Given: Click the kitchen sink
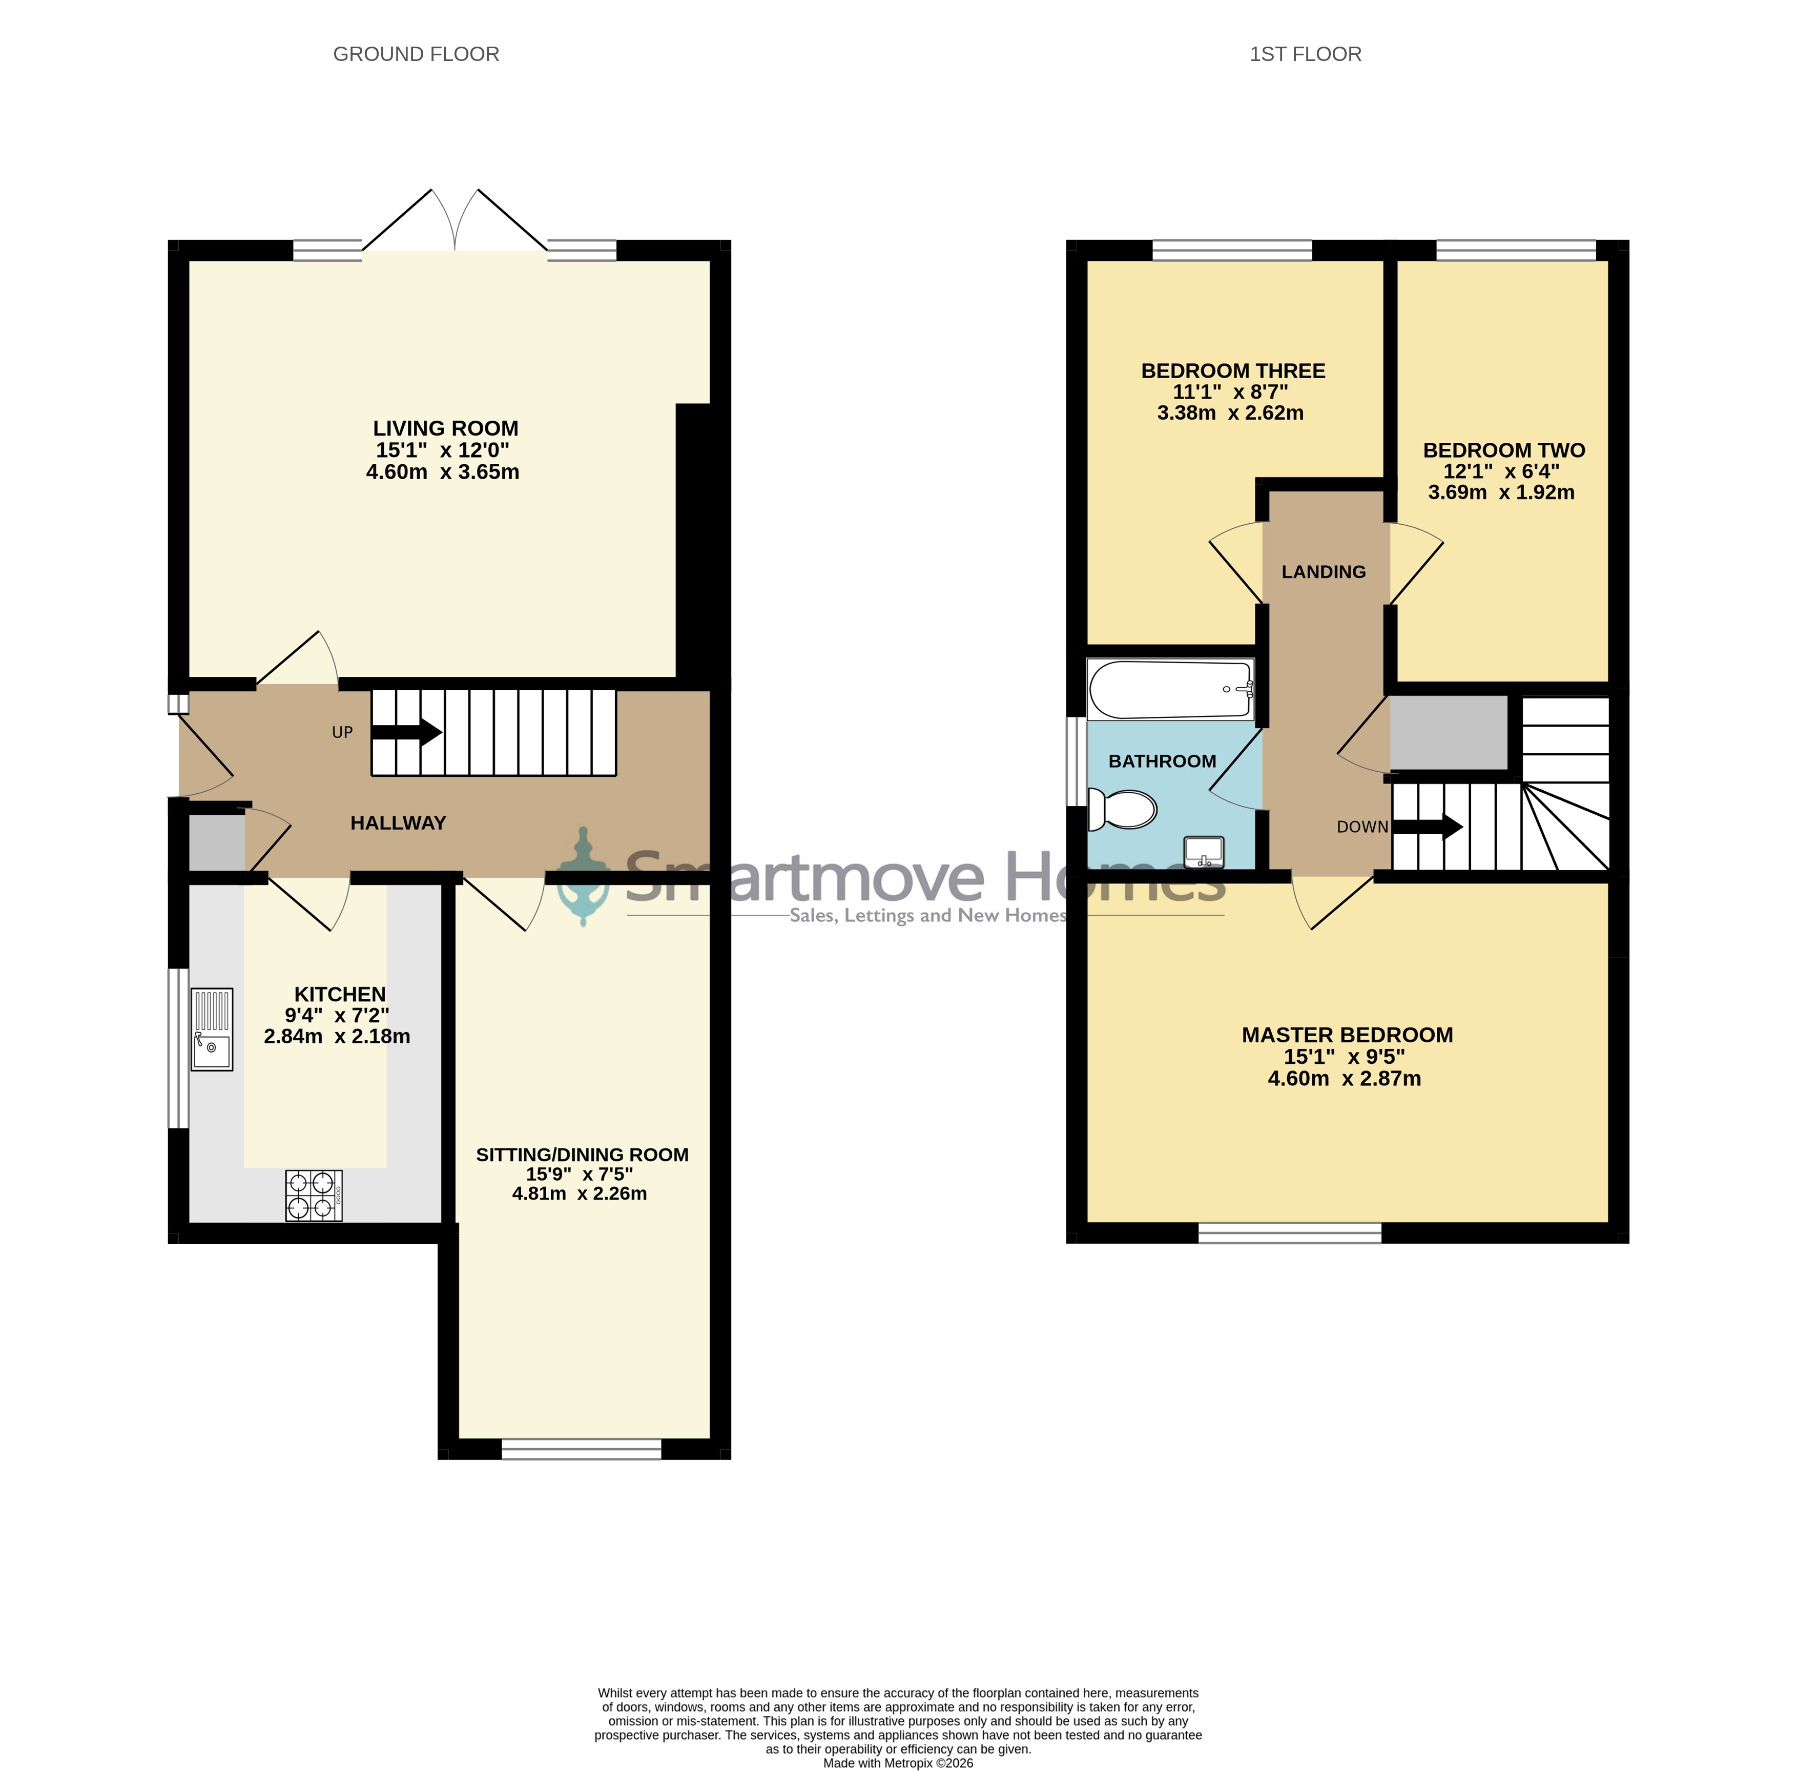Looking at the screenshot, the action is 212,1029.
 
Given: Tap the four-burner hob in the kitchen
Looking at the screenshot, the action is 314,1195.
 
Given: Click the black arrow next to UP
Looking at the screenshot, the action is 406,732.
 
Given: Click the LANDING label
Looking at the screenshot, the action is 1324,572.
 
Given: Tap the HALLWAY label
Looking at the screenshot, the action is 398,823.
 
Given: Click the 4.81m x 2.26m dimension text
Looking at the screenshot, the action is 580,1193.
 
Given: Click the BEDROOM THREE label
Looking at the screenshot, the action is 1233,371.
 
